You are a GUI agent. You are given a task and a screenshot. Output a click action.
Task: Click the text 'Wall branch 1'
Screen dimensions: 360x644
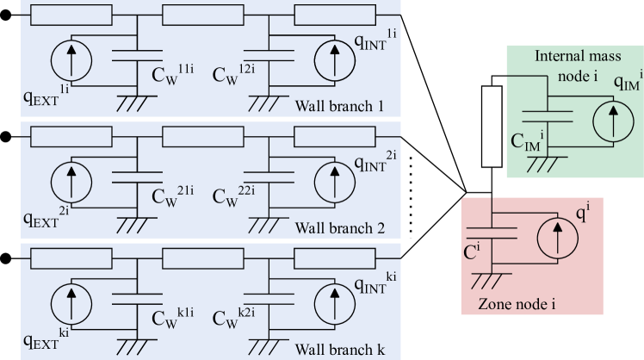point(338,107)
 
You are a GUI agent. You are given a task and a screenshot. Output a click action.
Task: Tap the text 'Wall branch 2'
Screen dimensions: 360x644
point(338,229)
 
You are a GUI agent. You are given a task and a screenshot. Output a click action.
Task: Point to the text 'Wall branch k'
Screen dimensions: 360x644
point(338,351)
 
